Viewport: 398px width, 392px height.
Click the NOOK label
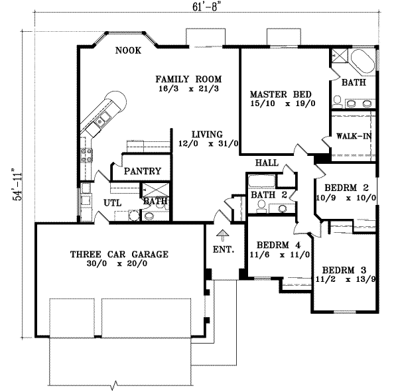[127, 50]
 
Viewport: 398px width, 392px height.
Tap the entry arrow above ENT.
[223, 233]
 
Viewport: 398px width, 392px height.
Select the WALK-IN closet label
[353, 136]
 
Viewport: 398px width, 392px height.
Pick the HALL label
[266, 163]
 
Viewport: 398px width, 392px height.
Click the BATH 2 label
[269, 194]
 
